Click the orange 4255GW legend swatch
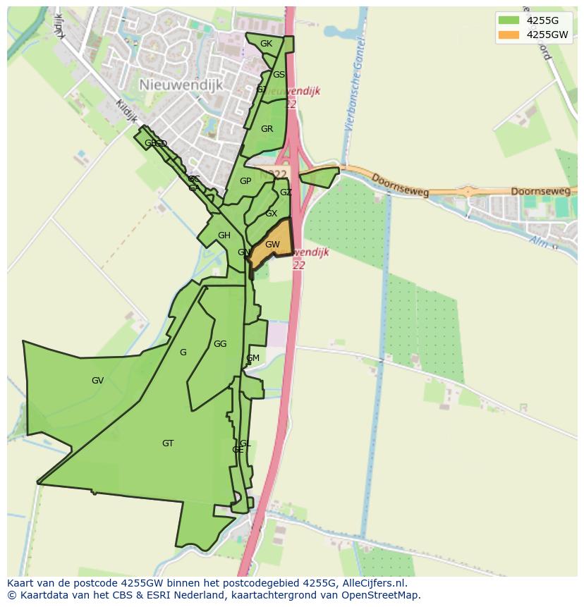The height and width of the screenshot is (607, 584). pyautogui.click(x=508, y=35)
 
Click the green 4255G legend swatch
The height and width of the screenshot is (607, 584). pyautogui.click(x=508, y=20)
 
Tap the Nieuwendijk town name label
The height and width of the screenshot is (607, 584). pyautogui.click(x=181, y=85)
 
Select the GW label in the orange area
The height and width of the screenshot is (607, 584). pyautogui.click(x=272, y=245)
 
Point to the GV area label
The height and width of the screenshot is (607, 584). pyautogui.click(x=97, y=381)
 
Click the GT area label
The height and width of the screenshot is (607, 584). pyautogui.click(x=168, y=443)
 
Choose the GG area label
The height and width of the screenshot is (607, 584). pyautogui.click(x=220, y=344)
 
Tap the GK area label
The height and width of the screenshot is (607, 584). pyautogui.click(x=266, y=44)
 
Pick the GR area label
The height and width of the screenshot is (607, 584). pyautogui.click(x=267, y=129)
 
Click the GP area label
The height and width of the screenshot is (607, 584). pyautogui.click(x=245, y=181)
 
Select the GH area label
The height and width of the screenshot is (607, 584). pyautogui.click(x=224, y=235)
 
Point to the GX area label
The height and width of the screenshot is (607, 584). pyautogui.click(x=272, y=214)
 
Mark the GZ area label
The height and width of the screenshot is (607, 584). pyautogui.click(x=286, y=192)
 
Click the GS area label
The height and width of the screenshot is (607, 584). pyautogui.click(x=279, y=75)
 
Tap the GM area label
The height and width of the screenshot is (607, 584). pyautogui.click(x=253, y=358)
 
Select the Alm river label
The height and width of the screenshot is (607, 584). pyautogui.click(x=541, y=242)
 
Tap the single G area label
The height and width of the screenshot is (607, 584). pyautogui.click(x=183, y=352)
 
